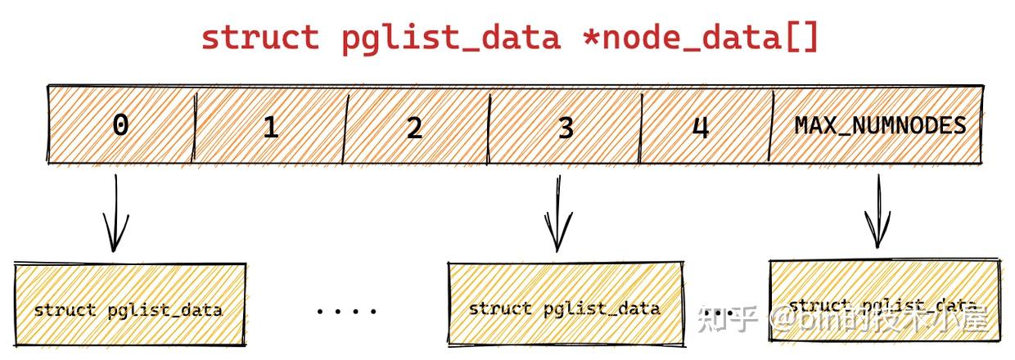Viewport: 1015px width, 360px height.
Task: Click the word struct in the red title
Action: coord(259,38)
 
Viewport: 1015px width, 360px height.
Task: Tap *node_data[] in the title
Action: coord(700,38)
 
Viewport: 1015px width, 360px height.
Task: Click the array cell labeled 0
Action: coord(120,125)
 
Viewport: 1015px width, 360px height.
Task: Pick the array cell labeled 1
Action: coord(270,127)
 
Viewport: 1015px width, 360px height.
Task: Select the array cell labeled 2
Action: coord(414,127)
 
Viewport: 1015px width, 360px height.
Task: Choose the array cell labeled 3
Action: coord(565,127)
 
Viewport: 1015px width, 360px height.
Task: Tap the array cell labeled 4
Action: coord(701,127)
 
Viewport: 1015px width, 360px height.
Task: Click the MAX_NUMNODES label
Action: coord(880,125)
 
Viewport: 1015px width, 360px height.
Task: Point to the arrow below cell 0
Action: coord(116,214)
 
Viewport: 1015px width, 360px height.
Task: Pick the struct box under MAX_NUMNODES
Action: coord(884,301)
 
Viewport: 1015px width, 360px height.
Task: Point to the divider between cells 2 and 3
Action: coord(489,127)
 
